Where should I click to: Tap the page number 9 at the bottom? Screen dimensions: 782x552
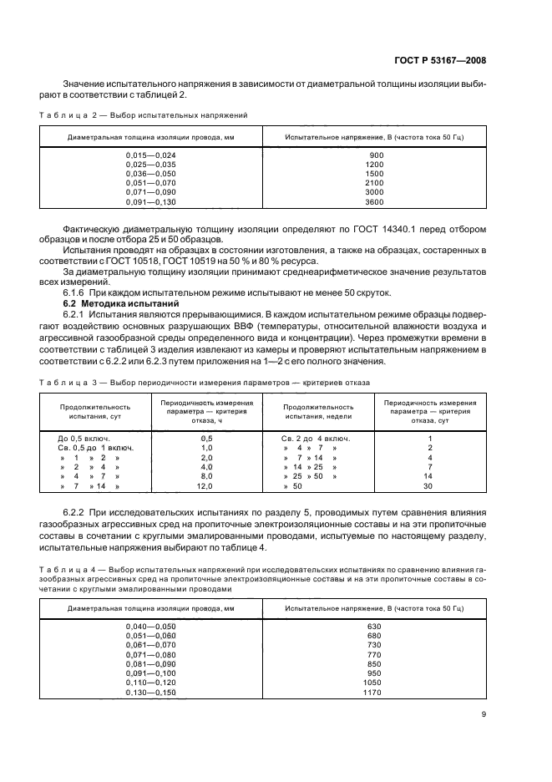pyautogui.click(x=485, y=714)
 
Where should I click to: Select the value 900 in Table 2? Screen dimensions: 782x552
pyautogui.click(x=376, y=156)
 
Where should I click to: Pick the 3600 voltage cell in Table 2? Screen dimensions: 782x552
pyautogui.click(x=375, y=202)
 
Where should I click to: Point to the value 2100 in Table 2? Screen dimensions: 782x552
pyautogui.click(x=375, y=184)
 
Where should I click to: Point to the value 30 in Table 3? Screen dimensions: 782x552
pyautogui.click(x=430, y=485)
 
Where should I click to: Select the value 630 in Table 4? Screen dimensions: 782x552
pyautogui.click(x=373, y=626)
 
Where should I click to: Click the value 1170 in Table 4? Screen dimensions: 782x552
pyautogui.click(x=373, y=693)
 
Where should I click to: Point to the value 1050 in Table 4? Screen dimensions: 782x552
pyautogui.click(x=373, y=683)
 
